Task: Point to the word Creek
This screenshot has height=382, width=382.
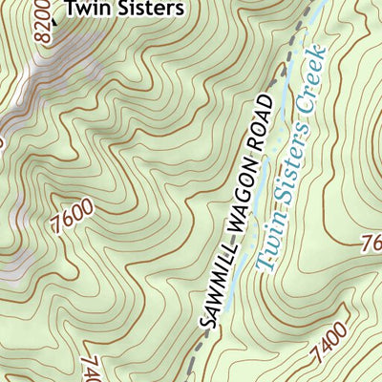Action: point(316,74)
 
